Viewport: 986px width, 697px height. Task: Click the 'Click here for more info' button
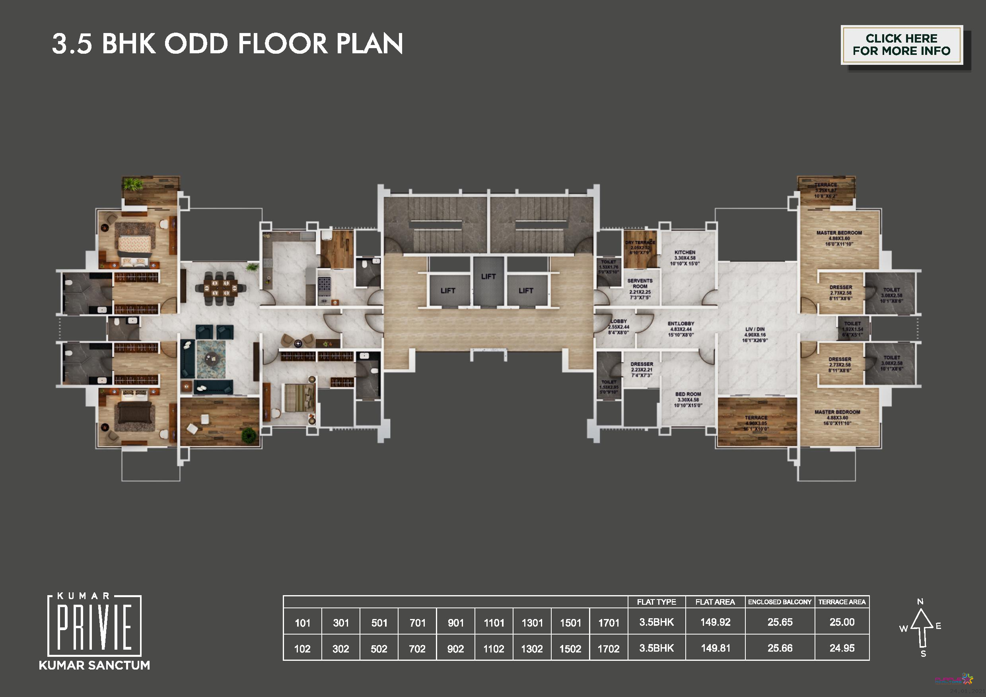click(x=901, y=45)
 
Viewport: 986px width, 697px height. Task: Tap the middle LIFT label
click(x=488, y=276)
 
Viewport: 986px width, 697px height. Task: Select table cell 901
click(x=456, y=623)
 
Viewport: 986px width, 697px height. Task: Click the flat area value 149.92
click(x=715, y=622)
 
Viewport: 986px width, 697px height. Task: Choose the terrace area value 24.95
click(x=842, y=648)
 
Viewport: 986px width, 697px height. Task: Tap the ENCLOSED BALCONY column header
click(x=780, y=602)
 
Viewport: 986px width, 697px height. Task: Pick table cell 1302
click(x=532, y=649)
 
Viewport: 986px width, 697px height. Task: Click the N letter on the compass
click(x=920, y=602)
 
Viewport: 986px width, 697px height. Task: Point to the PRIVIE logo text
click(x=95, y=627)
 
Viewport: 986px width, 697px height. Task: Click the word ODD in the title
click(x=196, y=44)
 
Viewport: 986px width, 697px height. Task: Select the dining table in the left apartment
click(x=220, y=288)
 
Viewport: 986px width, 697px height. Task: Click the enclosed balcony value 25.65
click(x=780, y=622)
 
